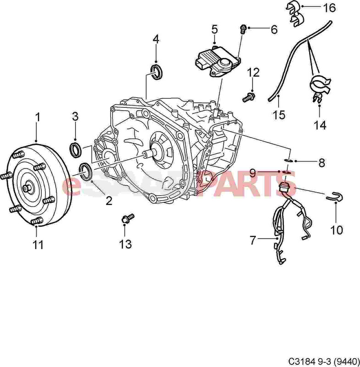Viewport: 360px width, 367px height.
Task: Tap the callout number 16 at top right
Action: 329,8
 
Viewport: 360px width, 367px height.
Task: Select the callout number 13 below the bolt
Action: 125,244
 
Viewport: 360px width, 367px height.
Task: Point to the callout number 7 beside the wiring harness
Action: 253,240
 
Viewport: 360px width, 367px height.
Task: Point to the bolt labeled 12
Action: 249,97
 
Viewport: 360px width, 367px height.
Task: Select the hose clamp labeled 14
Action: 320,89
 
